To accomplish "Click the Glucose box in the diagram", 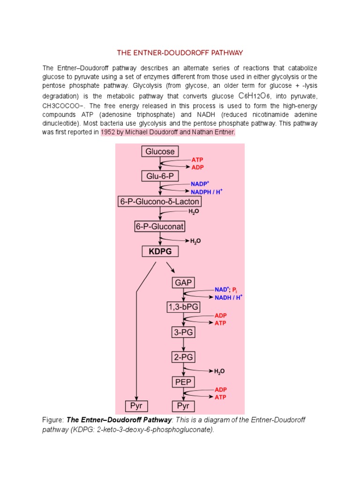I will pos(160,151).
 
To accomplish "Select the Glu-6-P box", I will pos(160,176).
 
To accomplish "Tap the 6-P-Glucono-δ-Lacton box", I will pos(160,202).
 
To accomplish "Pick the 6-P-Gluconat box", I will pos(160,226).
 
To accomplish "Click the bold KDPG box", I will pos(160,252).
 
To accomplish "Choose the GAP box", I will pos(183,283).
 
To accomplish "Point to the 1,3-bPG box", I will pos(183,307).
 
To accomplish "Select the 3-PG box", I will pos(183,332).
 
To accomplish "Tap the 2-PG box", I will pos(183,357).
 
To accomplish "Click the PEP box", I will pos(183,382).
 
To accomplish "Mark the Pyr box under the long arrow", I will pos(136,406).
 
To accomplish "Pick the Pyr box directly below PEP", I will pos(183,406).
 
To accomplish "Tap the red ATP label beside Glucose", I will pos(197,160).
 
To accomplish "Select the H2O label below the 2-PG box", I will pos(219,371).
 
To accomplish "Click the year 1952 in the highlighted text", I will pos(108,132).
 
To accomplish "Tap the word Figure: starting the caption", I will pos(53,420).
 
